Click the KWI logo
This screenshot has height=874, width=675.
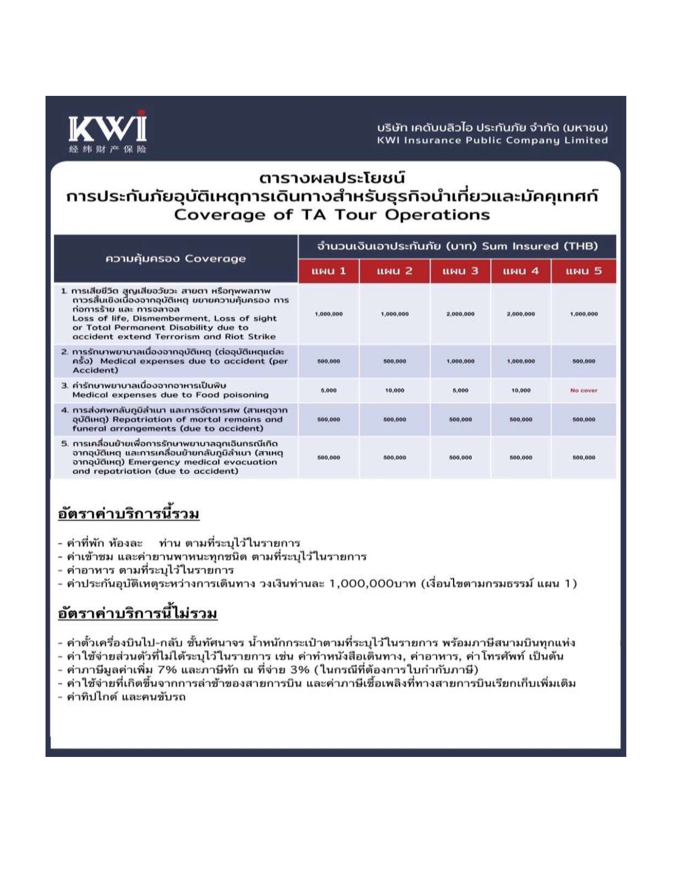[107, 132]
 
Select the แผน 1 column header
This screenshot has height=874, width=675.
[328, 271]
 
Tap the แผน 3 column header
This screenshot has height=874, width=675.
[460, 271]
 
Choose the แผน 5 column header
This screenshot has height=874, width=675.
[583, 271]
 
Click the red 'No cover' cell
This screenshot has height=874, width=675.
[583, 390]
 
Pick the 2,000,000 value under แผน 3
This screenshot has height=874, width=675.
[460, 314]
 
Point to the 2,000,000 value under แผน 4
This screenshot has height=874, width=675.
[520, 314]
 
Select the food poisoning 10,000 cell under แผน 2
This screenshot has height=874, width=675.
[394, 390]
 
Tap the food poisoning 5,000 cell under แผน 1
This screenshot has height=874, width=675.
[328, 390]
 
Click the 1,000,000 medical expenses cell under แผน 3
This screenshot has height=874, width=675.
[460, 361]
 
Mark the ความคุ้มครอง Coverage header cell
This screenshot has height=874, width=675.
[175, 258]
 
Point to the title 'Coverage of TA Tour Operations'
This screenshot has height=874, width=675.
[332, 215]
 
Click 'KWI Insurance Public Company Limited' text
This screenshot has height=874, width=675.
[492, 140]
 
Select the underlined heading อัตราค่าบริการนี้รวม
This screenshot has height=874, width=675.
[129, 514]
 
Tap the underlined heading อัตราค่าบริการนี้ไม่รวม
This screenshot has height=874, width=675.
[138, 613]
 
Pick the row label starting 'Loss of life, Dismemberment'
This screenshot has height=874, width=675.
[175, 318]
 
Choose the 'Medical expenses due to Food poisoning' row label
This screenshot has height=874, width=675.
[170, 395]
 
